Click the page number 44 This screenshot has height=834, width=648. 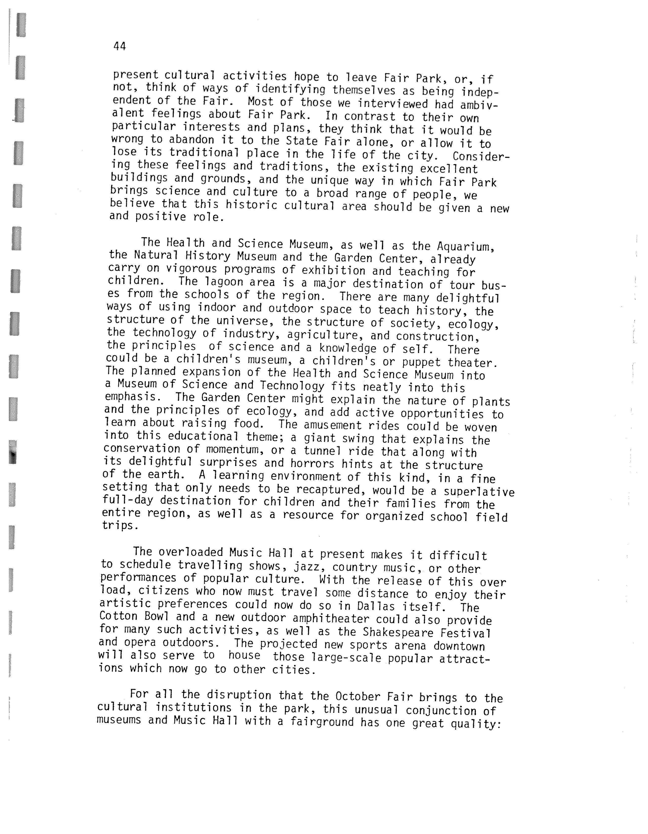pos(119,46)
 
